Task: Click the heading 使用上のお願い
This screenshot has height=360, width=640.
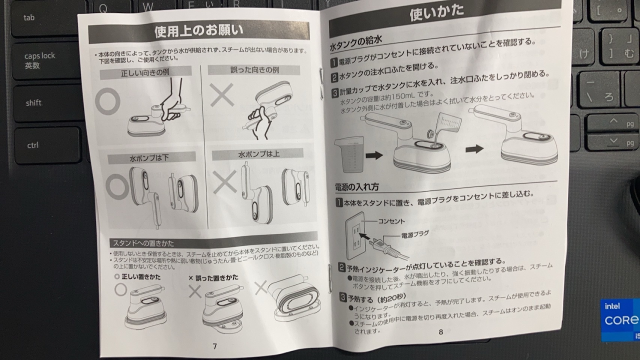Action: click(199, 31)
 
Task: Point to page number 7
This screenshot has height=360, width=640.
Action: click(215, 346)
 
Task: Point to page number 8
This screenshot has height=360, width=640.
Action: click(441, 331)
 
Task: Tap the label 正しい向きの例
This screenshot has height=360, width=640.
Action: click(145, 73)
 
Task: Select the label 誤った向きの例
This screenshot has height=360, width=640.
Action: click(254, 70)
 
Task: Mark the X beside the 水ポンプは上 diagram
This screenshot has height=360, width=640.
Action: click(224, 181)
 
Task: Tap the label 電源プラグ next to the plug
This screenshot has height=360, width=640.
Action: click(415, 235)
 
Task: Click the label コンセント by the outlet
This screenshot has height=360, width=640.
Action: click(391, 221)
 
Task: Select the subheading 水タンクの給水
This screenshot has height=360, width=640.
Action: click(355, 43)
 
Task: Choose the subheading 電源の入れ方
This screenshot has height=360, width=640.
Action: click(357, 187)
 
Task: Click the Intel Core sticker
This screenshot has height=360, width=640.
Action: click(620, 320)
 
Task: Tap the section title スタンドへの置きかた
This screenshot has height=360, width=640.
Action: click(143, 243)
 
